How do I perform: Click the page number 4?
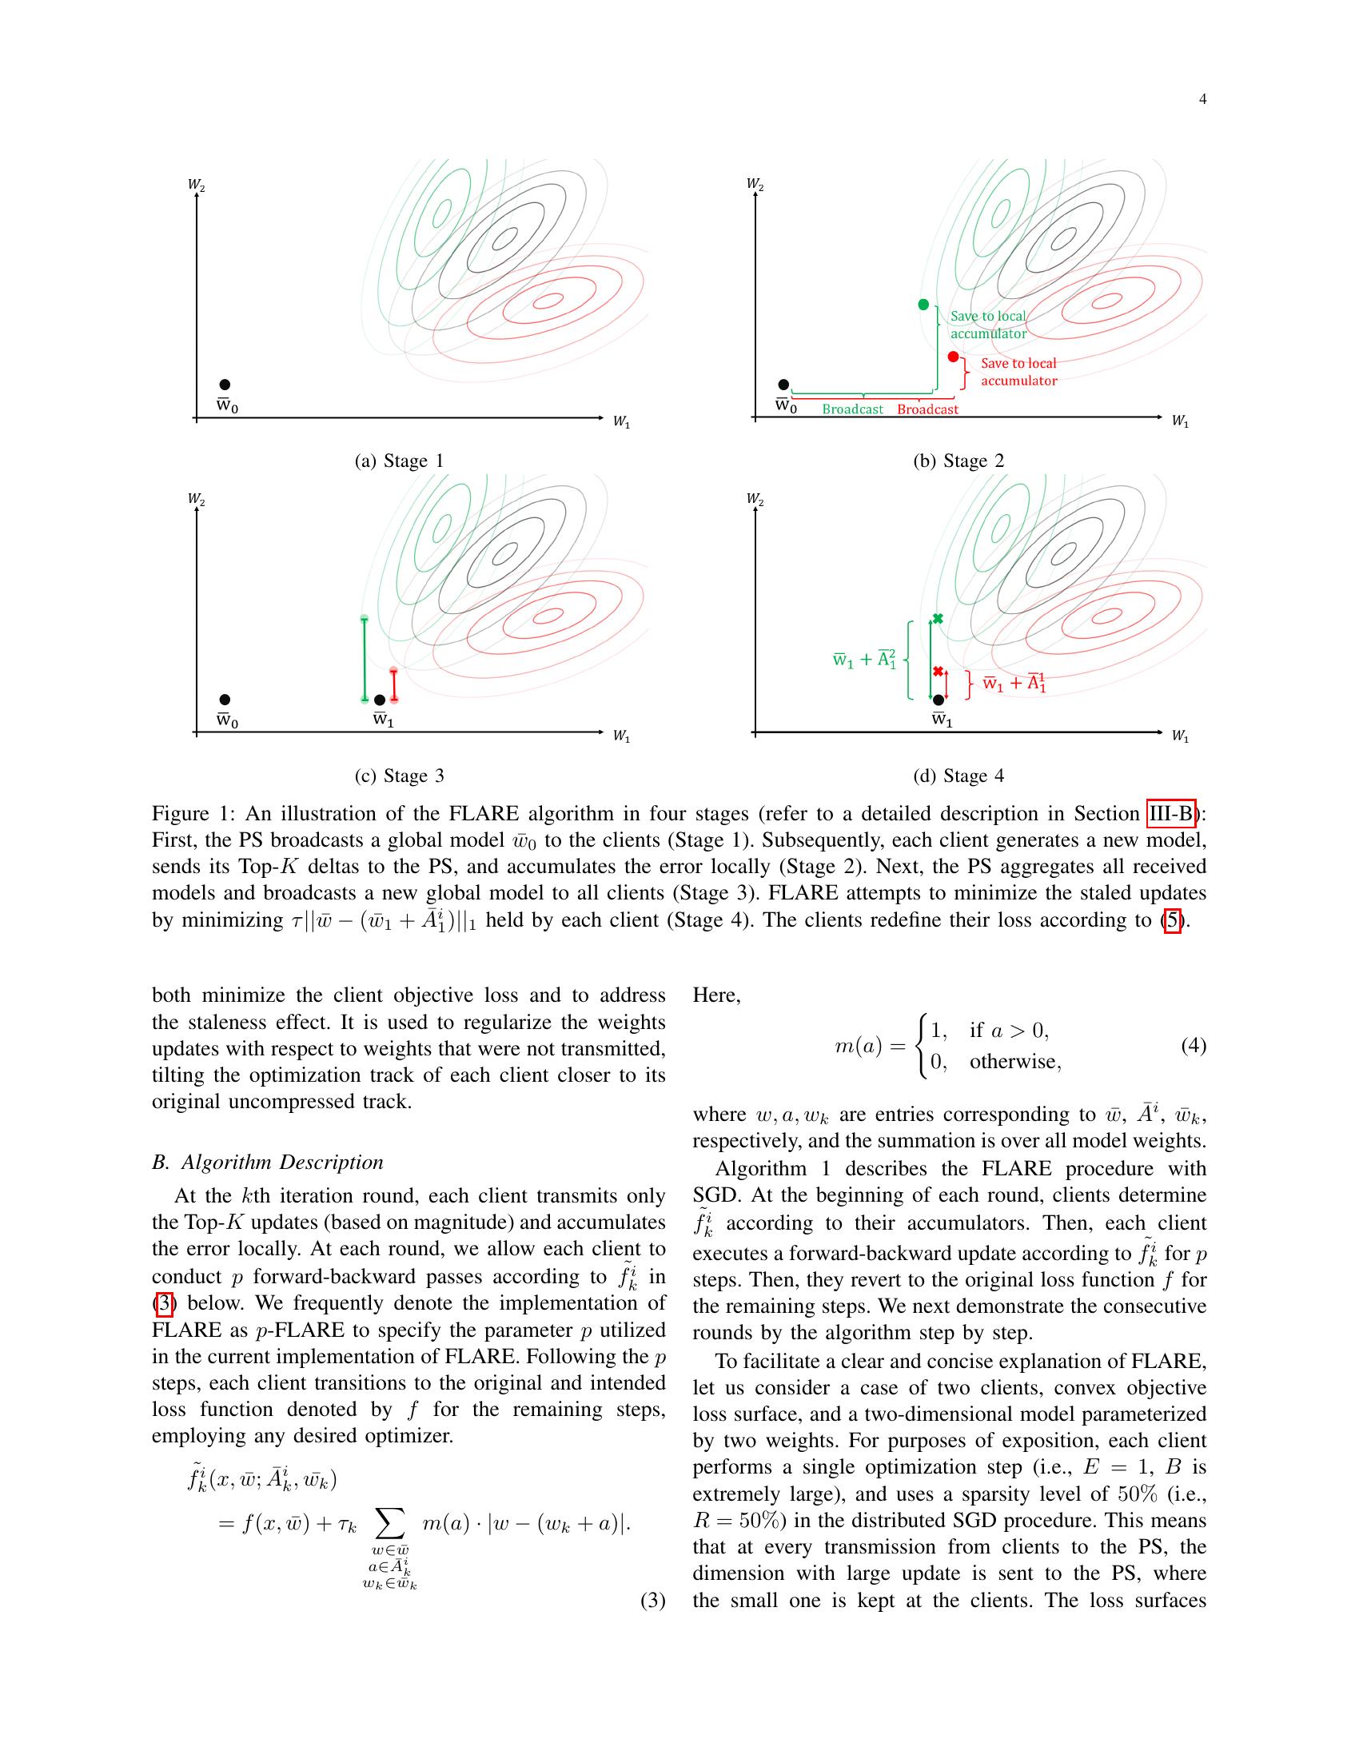tap(1202, 99)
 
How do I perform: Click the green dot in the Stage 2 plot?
tap(923, 305)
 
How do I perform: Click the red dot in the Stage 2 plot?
tap(953, 357)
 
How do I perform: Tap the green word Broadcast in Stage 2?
tap(853, 409)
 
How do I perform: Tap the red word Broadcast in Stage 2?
tap(927, 409)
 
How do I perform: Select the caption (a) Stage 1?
tap(399, 461)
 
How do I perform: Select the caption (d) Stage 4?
tap(958, 776)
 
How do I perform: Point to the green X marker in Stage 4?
tap(937, 619)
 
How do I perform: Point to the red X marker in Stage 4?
tap(937, 672)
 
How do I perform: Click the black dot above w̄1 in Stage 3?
tap(380, 700)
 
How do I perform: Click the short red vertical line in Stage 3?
tap(393, 684)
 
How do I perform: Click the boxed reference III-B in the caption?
tap(1171, 813)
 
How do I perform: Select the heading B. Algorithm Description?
tap(267, 1163)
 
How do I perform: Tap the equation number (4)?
tap(1194, 1046)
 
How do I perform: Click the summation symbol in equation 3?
tap(389, 1522)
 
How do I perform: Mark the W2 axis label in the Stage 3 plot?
tap(196, 500)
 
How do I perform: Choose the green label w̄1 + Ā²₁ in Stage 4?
tap(864, 660)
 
